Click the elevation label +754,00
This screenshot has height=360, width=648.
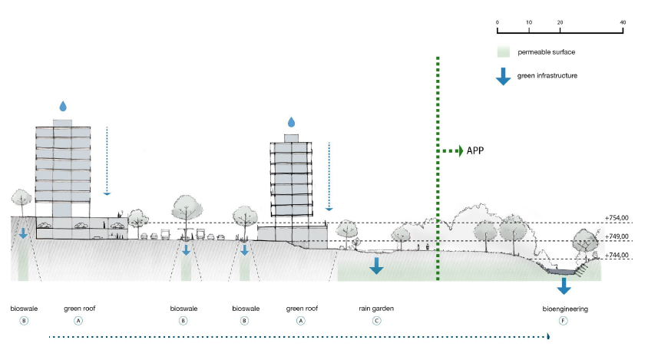617,218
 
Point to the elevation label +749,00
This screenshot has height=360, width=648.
617,236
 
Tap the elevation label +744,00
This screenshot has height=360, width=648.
617,255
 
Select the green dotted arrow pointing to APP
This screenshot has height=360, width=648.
449,151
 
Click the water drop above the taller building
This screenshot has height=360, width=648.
63,105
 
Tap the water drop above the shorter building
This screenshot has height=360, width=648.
291,122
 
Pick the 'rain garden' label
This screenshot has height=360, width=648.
376,309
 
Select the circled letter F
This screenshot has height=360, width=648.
563,322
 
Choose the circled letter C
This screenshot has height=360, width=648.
376,322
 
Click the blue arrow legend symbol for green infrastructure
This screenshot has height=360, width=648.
504,76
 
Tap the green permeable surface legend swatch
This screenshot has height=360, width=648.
504,53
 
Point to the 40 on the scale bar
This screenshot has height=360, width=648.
622,22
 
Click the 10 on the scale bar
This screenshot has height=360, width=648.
529,22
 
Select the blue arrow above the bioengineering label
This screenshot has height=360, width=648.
564,286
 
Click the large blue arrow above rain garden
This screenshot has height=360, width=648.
376,266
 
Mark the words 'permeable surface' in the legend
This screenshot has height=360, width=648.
547,53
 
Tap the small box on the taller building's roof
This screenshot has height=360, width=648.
63,123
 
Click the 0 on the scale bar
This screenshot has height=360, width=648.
498,22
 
